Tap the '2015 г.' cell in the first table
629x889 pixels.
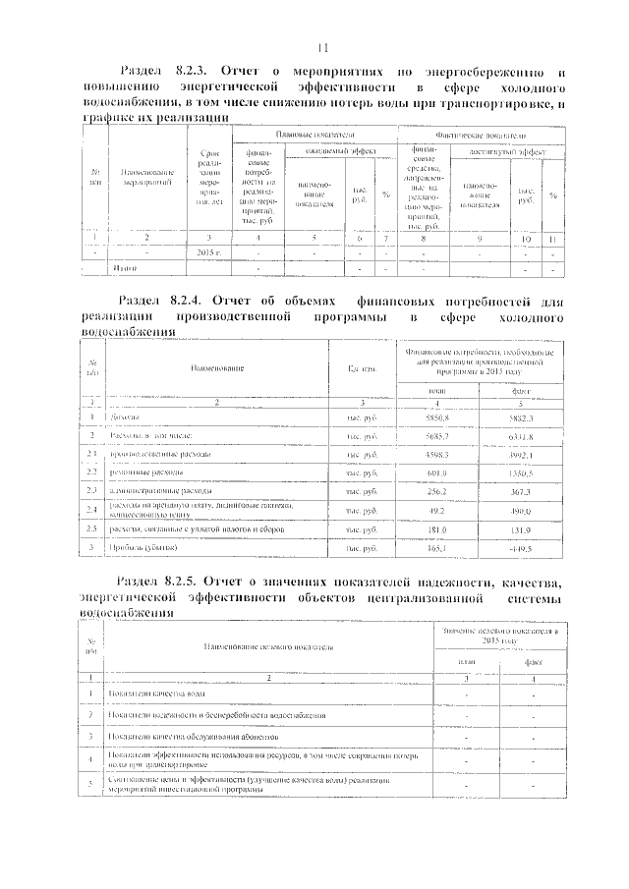(205, 252)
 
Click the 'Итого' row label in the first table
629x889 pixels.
(123, 267)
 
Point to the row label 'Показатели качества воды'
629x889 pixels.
(156, 695)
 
